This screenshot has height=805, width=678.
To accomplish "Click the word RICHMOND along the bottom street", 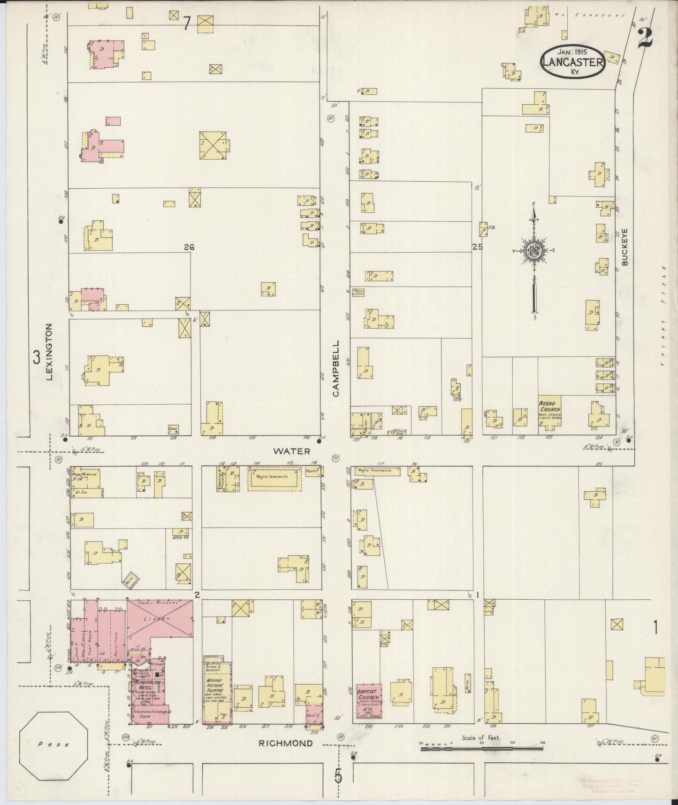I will click(x=286, y=743).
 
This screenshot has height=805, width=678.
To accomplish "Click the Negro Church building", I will click(x=549, y=411).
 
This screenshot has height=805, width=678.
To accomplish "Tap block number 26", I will click(x=189, y=247).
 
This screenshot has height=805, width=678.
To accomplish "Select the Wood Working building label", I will click(x=89, y=475).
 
